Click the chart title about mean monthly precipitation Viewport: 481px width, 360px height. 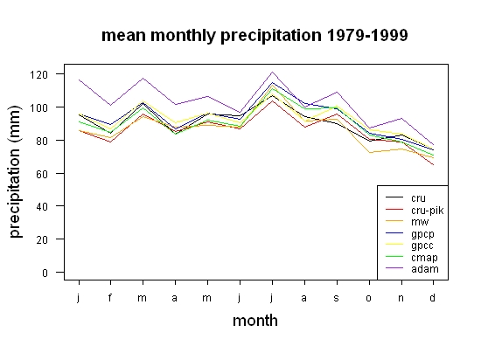[x=254, y=36]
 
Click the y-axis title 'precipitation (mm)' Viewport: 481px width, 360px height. [x=15, y=171]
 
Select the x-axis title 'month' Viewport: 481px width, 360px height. [x=255, y=321]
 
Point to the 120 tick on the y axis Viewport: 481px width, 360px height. [x=38, y=74]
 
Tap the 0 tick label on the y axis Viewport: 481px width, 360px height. [x=45, y=273]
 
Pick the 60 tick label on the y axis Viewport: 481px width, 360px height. [x=42, y=174]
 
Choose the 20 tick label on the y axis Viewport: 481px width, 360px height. [x=42, y=239]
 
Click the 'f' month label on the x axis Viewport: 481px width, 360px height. [x=110, y=297]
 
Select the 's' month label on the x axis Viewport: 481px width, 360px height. [x=336, y=298]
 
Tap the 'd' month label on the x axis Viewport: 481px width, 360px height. [x=433, y=297]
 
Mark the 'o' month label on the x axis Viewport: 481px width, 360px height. [x=368, y=298]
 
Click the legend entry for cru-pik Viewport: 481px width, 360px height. [x=415, y=211]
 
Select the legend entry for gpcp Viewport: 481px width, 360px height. [x=410, y=234]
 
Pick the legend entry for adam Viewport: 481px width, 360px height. [x=412, y=269]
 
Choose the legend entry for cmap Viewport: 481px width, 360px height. [x=411, y=257]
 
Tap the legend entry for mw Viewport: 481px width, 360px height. [x=407, y=222]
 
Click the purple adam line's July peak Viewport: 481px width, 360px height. [x=272, y=73]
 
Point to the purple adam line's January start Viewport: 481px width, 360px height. [x=79, y=80]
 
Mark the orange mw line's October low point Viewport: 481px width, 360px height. [x=369, y=152]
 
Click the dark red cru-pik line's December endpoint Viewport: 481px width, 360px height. [x=433, y=165]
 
